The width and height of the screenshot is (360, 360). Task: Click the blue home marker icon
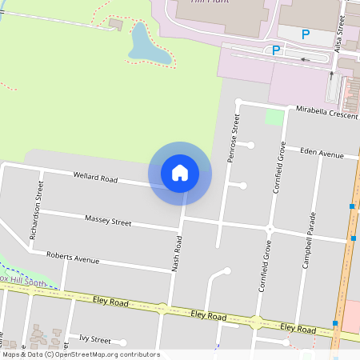click(179, 173)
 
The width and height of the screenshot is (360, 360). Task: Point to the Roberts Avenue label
click(73, 258)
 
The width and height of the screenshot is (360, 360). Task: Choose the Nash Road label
click(177, 254)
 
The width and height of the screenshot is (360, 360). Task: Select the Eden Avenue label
click(322, 152)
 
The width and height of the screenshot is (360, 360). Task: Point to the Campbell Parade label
click(308, 239)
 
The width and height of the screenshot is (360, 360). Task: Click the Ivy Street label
click(90, 340)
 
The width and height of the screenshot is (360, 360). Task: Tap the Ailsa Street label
click(339, 35)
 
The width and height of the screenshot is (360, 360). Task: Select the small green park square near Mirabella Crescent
click(275, 117)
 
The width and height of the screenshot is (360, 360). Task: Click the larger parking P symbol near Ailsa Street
click(305, 34)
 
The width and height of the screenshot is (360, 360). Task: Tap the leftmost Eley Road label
click(110, 303)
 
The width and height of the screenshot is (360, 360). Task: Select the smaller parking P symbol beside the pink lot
click(276, 50)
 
